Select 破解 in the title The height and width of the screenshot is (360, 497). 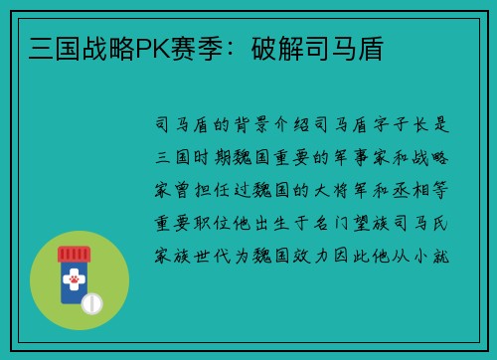point(277,47)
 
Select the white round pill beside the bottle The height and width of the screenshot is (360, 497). point(91,303)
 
